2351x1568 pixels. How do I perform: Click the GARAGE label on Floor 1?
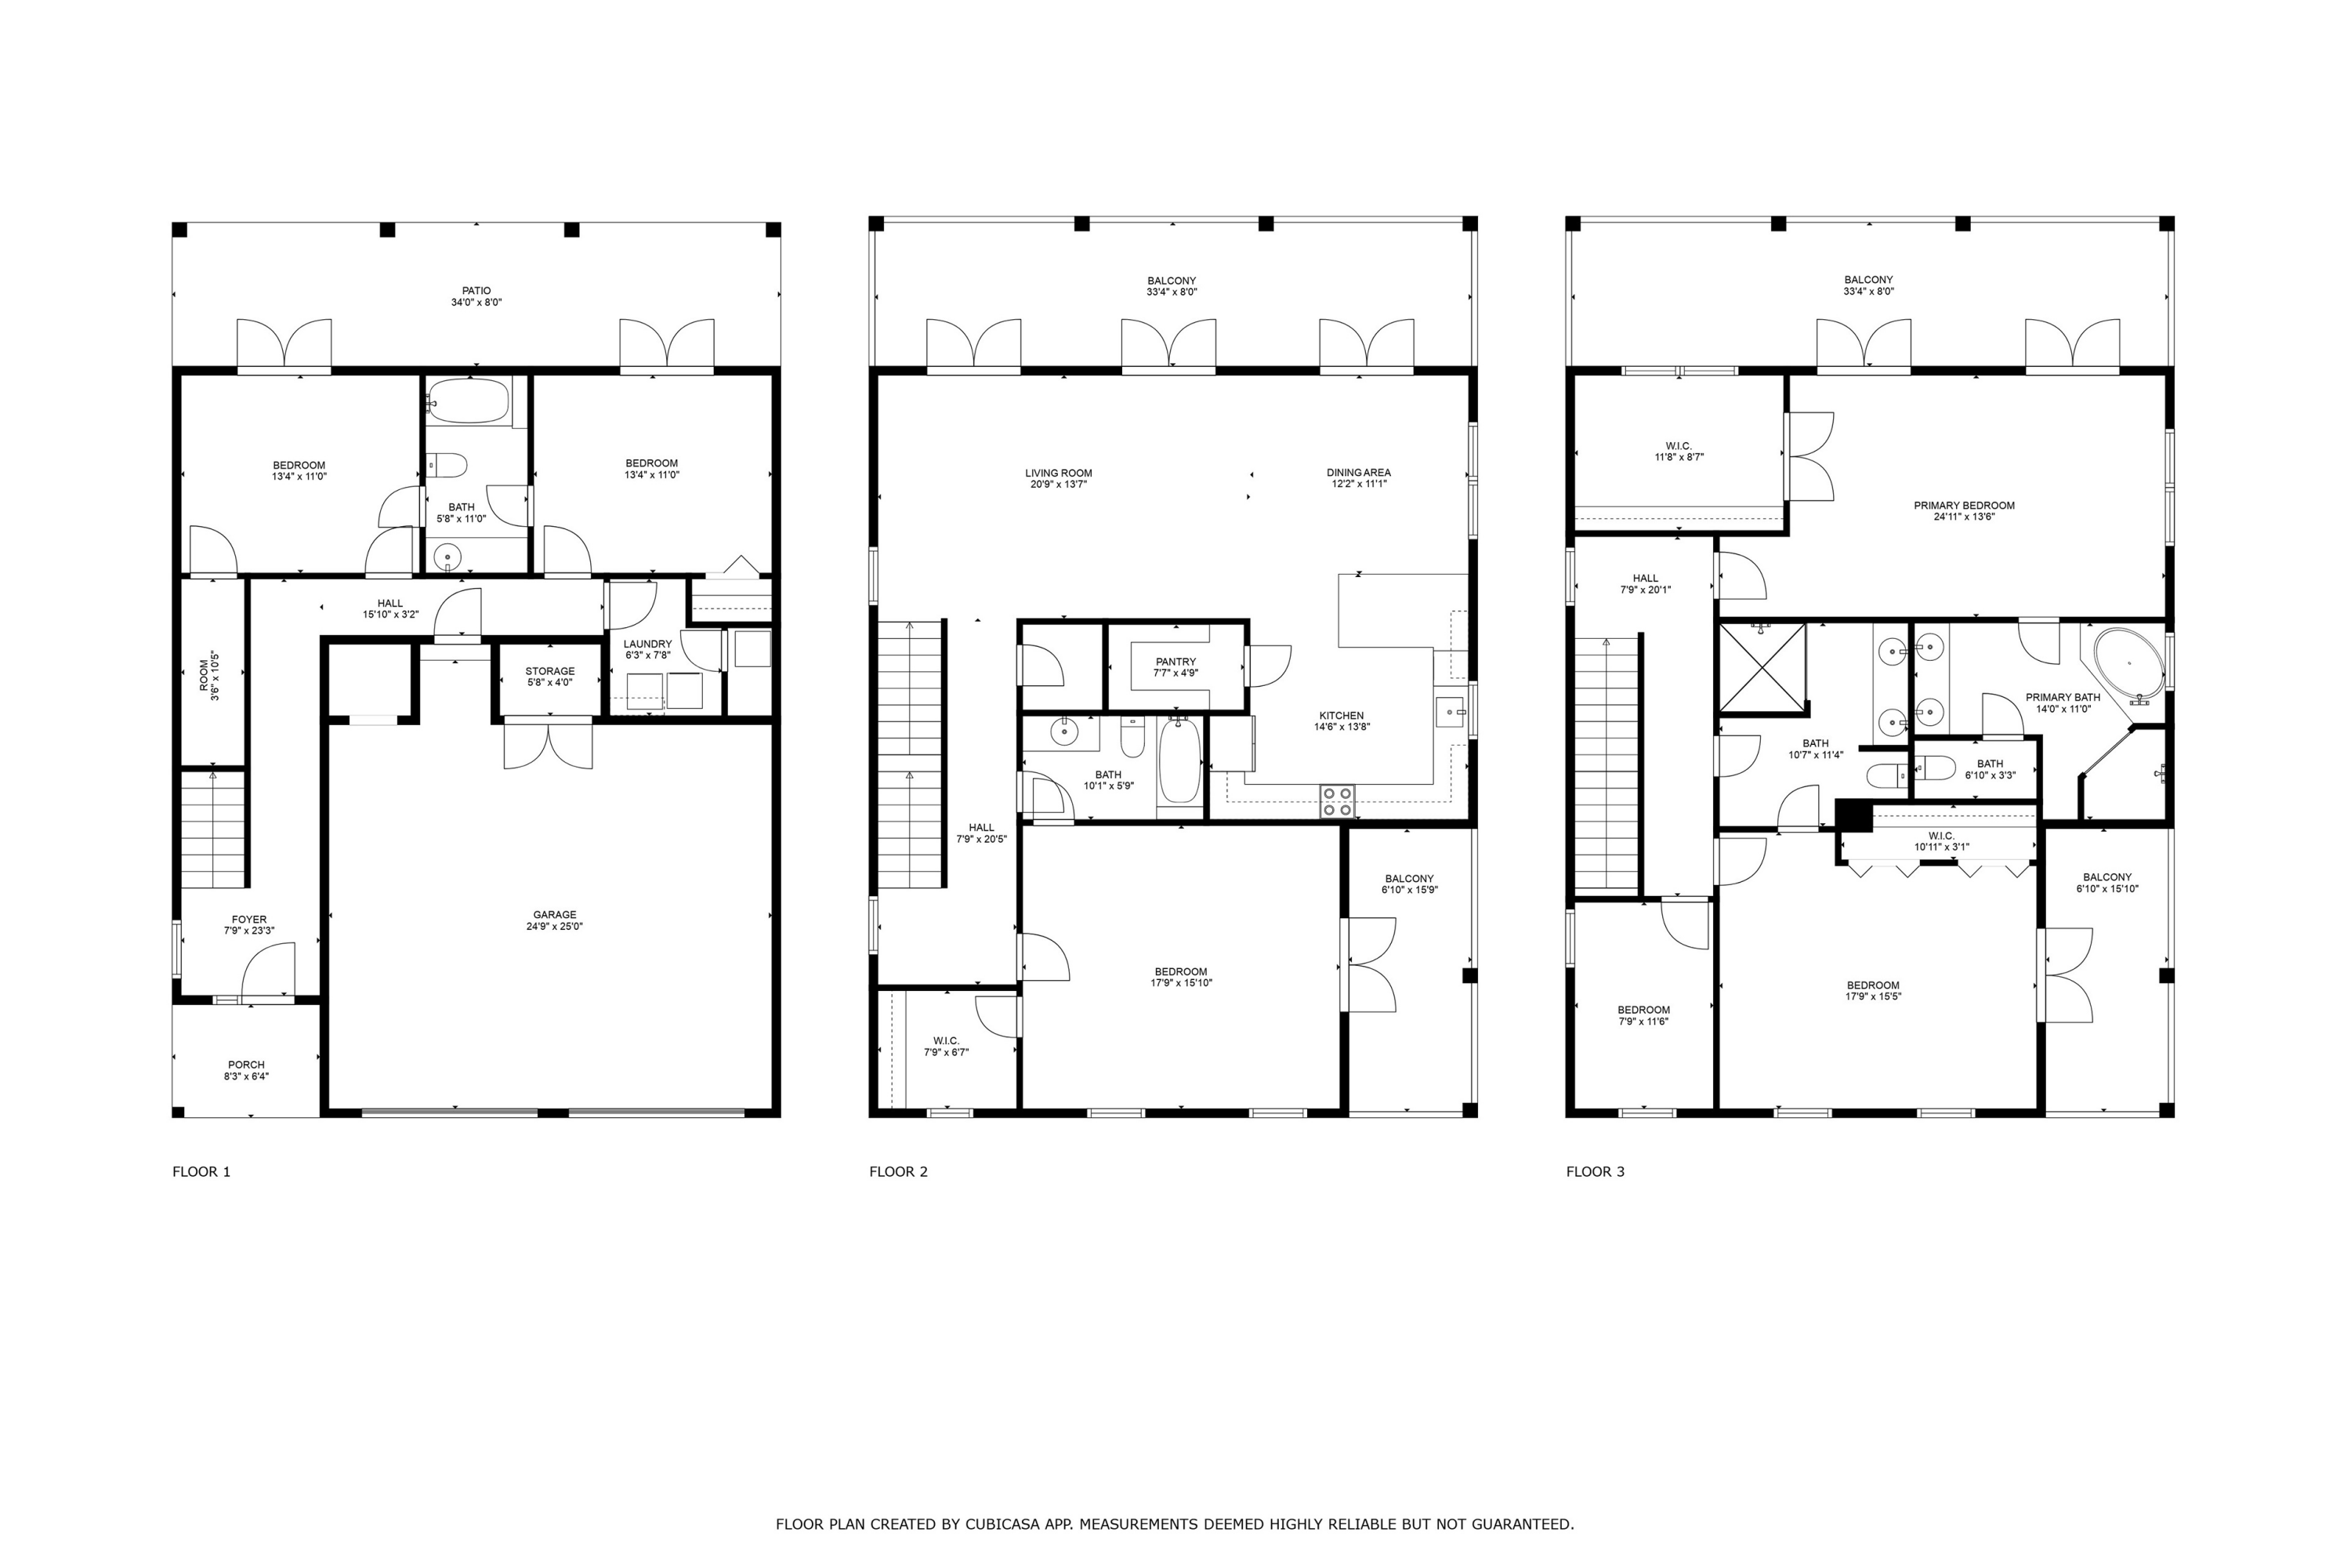[x=555, y=915]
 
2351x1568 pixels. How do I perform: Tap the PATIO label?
[x=476, y=291]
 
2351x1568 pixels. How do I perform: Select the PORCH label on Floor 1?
[x=246, y=1065]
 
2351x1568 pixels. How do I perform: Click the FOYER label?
[x=249, y=920]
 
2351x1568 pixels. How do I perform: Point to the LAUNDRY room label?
[x=648, y=644]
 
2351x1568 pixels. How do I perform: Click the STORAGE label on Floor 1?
[x=550, y=671]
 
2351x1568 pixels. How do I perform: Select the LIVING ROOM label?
[x=1059, y=473]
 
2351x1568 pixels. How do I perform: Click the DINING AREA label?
[x=1358, y=473]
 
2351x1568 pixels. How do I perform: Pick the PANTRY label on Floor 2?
[x=1175, y=662]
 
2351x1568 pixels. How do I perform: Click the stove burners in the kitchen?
[x=1338, y=801]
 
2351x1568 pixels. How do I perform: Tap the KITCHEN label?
[x=1342, y=716]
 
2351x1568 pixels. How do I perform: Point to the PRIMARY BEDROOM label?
[x=1964, y=506]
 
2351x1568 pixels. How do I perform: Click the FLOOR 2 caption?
[x=899, y=1172]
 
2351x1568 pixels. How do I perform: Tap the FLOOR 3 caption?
[x=1596, y=1172]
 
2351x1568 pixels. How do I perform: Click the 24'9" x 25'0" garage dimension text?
[x=555, y=927]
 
